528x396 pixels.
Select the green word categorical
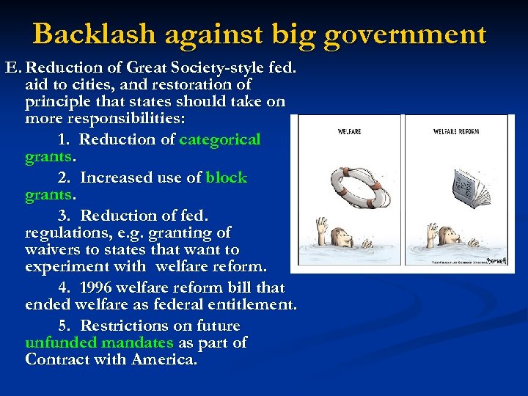220,139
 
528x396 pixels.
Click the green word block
227,177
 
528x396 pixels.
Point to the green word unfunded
62,342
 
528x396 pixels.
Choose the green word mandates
138,342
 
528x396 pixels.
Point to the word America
163,359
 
